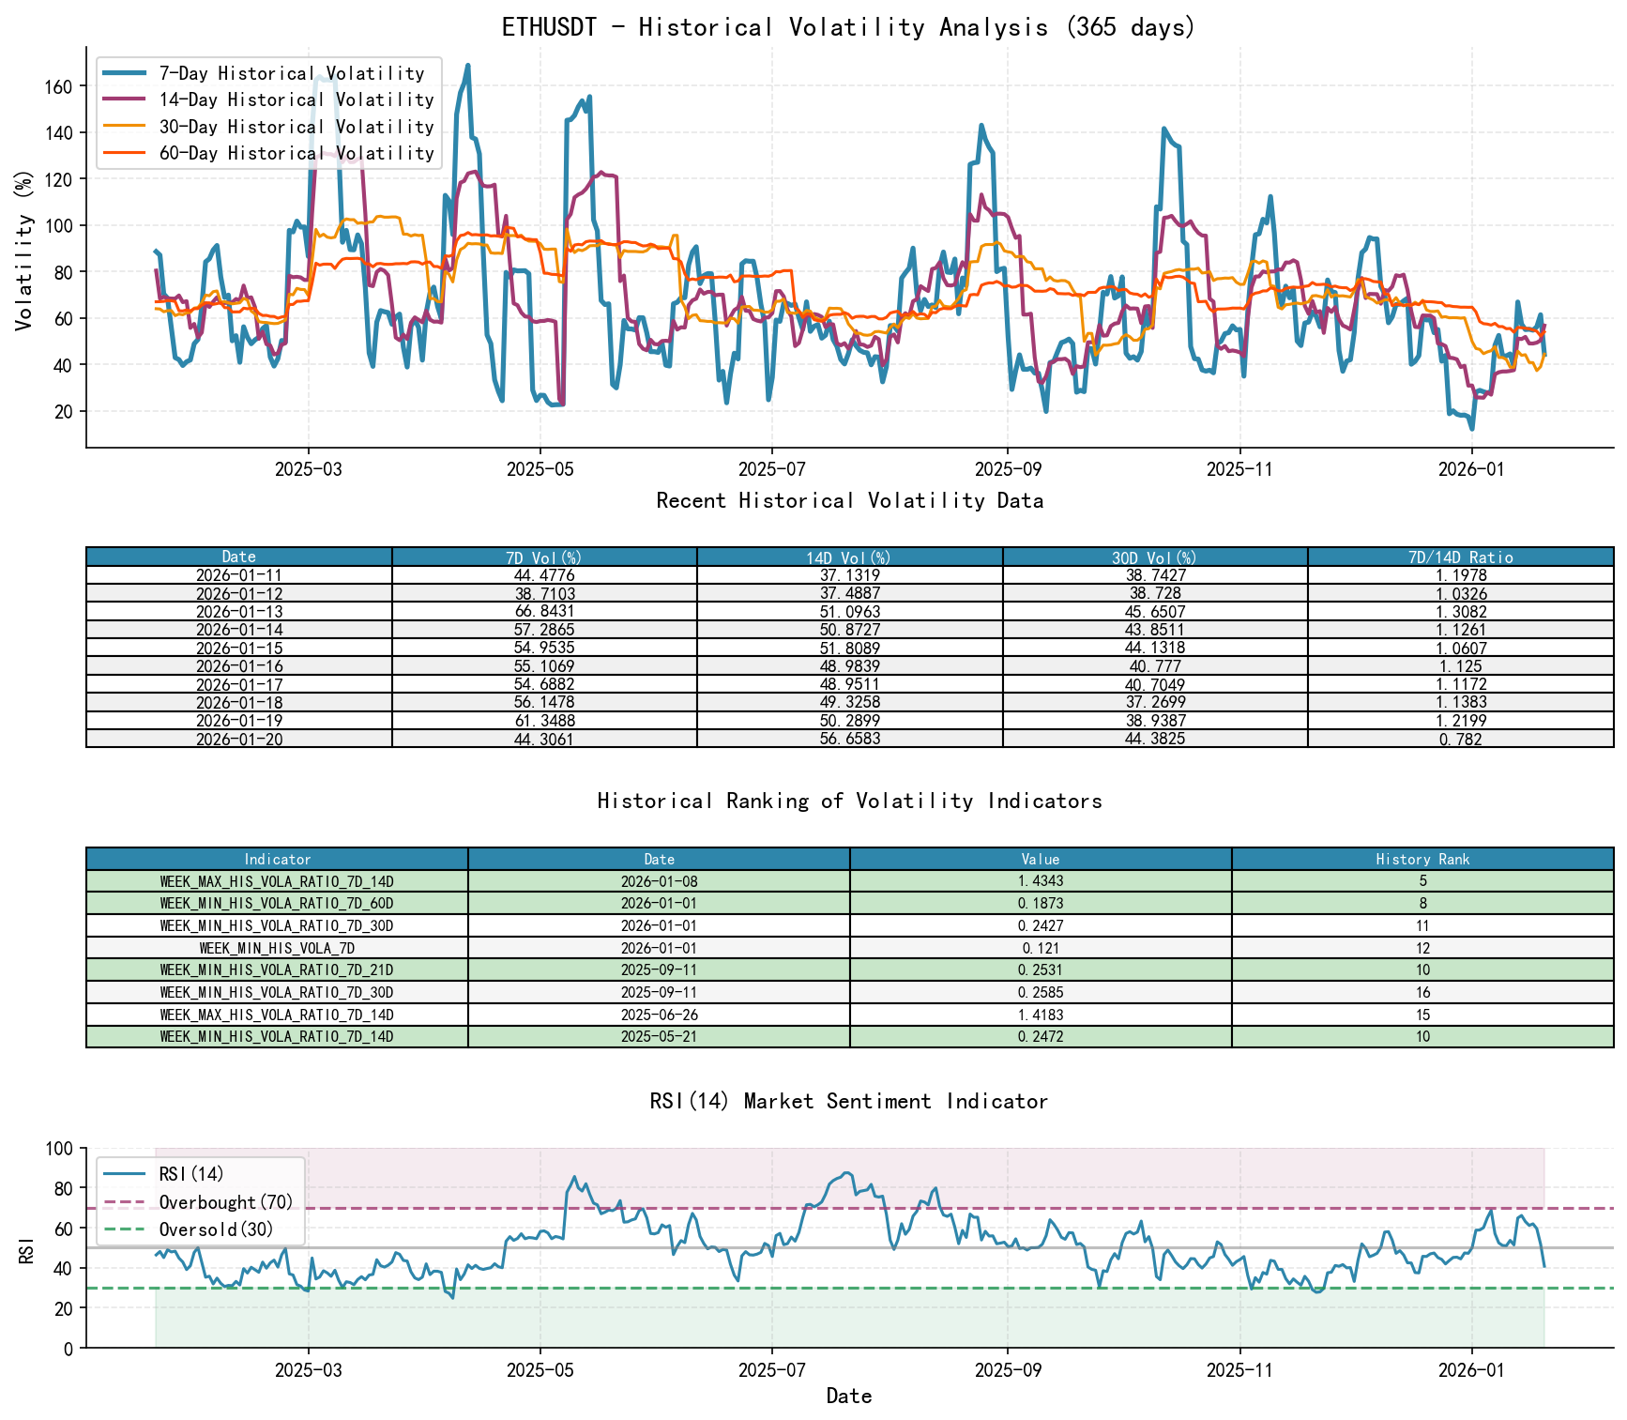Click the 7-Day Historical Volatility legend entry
point(291,73)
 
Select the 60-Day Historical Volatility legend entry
point(296,153)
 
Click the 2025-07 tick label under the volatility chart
point(771,470)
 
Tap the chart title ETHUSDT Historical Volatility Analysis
point(849,27)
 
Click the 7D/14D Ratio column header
point(1460,557)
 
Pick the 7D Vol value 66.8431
point(544,612)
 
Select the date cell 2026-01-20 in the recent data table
point(238,740)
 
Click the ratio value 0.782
point(1460,740)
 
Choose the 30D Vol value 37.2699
point(1154,703)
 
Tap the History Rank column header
point(1422,860)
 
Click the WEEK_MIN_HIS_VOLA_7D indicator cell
point(277,949)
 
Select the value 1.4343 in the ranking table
point(1040,881)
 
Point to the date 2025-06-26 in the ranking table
point(659,1015)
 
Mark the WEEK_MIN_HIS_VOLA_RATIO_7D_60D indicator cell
point(277,904)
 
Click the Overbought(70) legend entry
point(225,1202)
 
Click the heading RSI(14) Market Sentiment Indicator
point(849,1101)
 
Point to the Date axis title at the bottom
point(849,1397)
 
